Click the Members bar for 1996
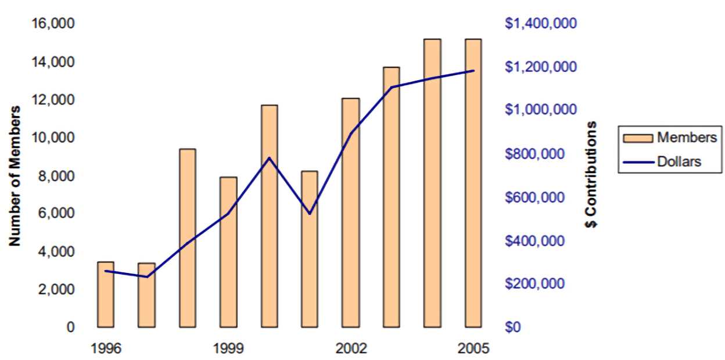click(105, 294)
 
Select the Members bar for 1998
click(187, 238)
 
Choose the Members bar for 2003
click(392, 197)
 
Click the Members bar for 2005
click(473, 183)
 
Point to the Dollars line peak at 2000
click(269, 157)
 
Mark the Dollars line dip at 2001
click(310, 214)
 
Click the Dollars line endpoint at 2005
click(474, 71)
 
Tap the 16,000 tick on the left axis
click(55, 24)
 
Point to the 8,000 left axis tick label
click(58, 176)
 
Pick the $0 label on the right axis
click(513, 327)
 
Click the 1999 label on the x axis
click(228, 349)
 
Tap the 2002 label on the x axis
click(351, 349)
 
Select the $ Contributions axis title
click(591, 175)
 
